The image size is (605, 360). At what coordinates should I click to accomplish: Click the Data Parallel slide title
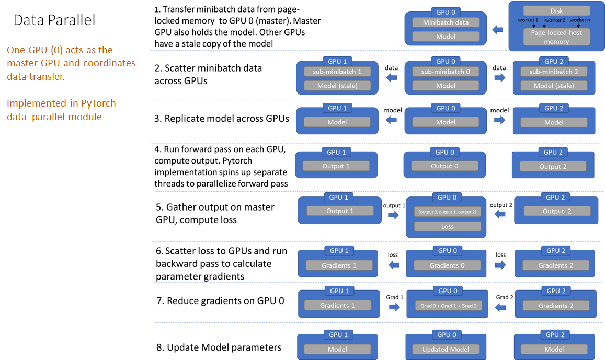tap(54, 20)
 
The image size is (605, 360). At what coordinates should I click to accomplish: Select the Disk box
tap(556, 11)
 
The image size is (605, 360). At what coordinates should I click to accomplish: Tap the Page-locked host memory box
tap(556, 37)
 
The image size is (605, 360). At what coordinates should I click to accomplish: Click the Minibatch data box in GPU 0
tap(446, 22)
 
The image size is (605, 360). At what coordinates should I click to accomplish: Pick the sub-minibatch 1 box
tap(337, 72)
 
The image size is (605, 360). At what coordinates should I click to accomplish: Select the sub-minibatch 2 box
tap(554, 72)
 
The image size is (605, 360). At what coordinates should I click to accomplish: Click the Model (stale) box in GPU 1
tap(337, 86)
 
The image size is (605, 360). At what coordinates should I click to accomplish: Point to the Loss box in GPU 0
tap(447, 227)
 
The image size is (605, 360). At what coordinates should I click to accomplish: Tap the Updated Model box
tap(446, 349)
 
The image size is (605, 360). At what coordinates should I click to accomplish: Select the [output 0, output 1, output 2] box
tap(447, 212)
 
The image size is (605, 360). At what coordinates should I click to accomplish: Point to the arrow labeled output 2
tap(500, 215)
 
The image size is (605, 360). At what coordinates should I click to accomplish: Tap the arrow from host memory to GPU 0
tap(498, 30)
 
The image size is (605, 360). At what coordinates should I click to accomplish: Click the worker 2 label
tap(554, 20)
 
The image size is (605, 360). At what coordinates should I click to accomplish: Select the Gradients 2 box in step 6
tap(555, 265)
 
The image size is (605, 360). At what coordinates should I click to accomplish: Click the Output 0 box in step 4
tap(445, 166)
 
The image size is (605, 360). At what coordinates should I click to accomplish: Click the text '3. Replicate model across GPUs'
tap(222, 119)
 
